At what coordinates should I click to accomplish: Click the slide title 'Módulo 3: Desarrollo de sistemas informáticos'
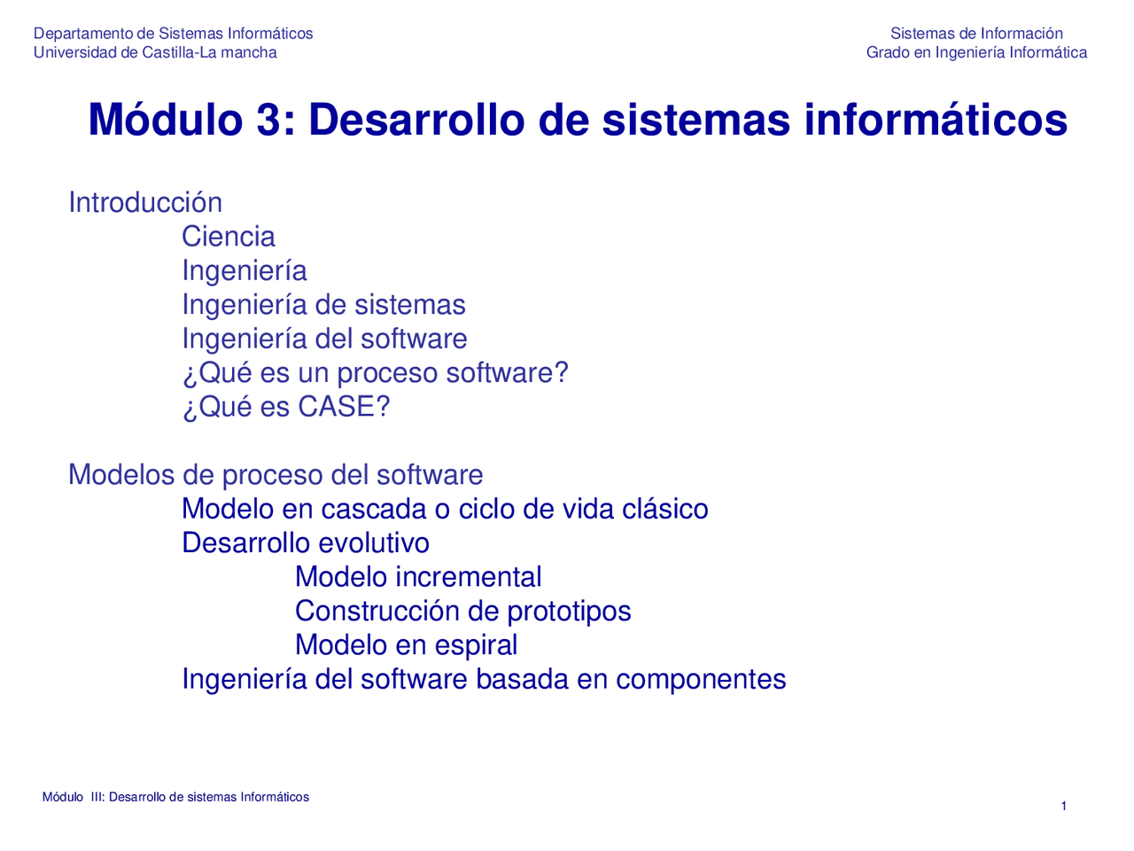point(578,120)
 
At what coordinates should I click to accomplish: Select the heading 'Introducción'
point(145,203)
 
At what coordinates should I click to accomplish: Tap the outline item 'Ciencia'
point(229,237)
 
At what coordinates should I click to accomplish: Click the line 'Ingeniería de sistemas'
point(323,305)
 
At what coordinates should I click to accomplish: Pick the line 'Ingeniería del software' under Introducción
point(324,339)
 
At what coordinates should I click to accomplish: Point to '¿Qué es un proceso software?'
point(375,373)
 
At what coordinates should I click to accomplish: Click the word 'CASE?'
point(344,407)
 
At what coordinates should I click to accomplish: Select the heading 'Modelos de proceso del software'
point(276,475)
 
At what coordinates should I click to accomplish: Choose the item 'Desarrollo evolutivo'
point(306,543)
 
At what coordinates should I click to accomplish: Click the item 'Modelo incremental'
point(418,577)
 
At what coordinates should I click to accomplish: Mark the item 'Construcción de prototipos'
point(462,612)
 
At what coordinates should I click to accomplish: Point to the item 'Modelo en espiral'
point(406,645)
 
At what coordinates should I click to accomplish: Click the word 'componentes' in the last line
point(701,679)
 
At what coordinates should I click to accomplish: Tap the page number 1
point(1064,806)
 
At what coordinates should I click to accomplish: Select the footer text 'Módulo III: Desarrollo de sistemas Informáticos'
point(175,797)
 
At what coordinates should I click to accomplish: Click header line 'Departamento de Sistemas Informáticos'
point(173,34)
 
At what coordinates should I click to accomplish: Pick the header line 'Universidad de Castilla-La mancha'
point(155,52)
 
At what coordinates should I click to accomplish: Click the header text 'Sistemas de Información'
point(976,34)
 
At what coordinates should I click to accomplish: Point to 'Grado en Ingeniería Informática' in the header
point(976,52)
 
